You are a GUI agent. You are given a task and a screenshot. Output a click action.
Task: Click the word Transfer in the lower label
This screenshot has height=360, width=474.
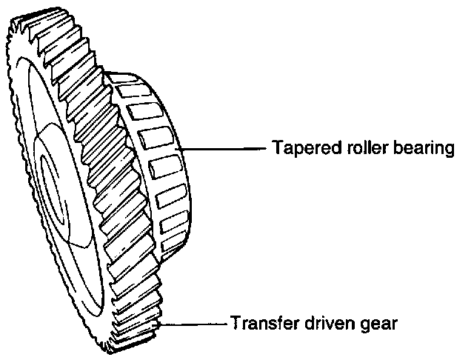[x=259, y=324]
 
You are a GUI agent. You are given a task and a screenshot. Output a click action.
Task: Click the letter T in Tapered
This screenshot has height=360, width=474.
[x=277, y=149]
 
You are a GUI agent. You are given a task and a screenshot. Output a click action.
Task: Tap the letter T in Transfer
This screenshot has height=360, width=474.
[x=236, y=323]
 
